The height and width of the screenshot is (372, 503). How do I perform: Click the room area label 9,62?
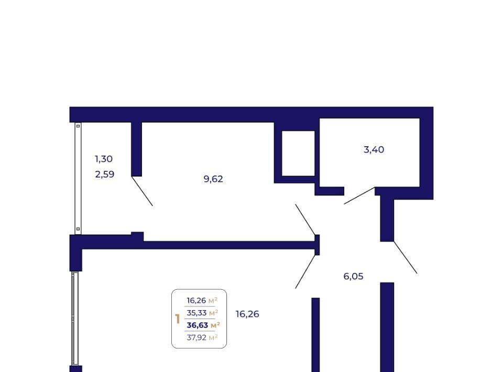tap(213, 179)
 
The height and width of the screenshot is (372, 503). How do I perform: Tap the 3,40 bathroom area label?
tap(374, 149)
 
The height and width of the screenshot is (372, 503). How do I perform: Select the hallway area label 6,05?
tap(353, 276)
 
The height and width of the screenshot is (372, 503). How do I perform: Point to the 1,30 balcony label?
tap(104, 159)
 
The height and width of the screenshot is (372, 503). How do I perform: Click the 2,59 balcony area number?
tap(105, 174)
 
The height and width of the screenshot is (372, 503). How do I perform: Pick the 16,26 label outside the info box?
tap(247, 314)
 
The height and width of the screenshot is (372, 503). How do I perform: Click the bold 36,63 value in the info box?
tap(198, 325)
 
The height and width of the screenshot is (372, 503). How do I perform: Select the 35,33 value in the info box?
tap(196, 313)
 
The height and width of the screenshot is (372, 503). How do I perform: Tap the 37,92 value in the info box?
tap(196, 337)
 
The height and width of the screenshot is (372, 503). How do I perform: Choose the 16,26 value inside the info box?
tap(196, 301)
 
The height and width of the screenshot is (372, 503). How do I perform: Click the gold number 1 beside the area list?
tap(178, 319)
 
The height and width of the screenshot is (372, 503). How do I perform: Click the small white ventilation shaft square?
tap(298, 154)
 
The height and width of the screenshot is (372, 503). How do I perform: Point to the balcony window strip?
tap(78, 178)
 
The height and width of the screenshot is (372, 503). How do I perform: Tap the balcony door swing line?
tap(142, 191)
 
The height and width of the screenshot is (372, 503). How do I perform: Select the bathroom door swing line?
tap(359, 195)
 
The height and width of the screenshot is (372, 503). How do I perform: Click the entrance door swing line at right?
tap(406, 257)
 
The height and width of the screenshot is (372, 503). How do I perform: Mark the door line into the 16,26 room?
tap(305, 271)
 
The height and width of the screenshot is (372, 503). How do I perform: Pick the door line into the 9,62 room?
tap(305, 220)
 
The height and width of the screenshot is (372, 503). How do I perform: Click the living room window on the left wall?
tap(75, 319)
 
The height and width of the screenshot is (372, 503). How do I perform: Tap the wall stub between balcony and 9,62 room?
tap(137, 149)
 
